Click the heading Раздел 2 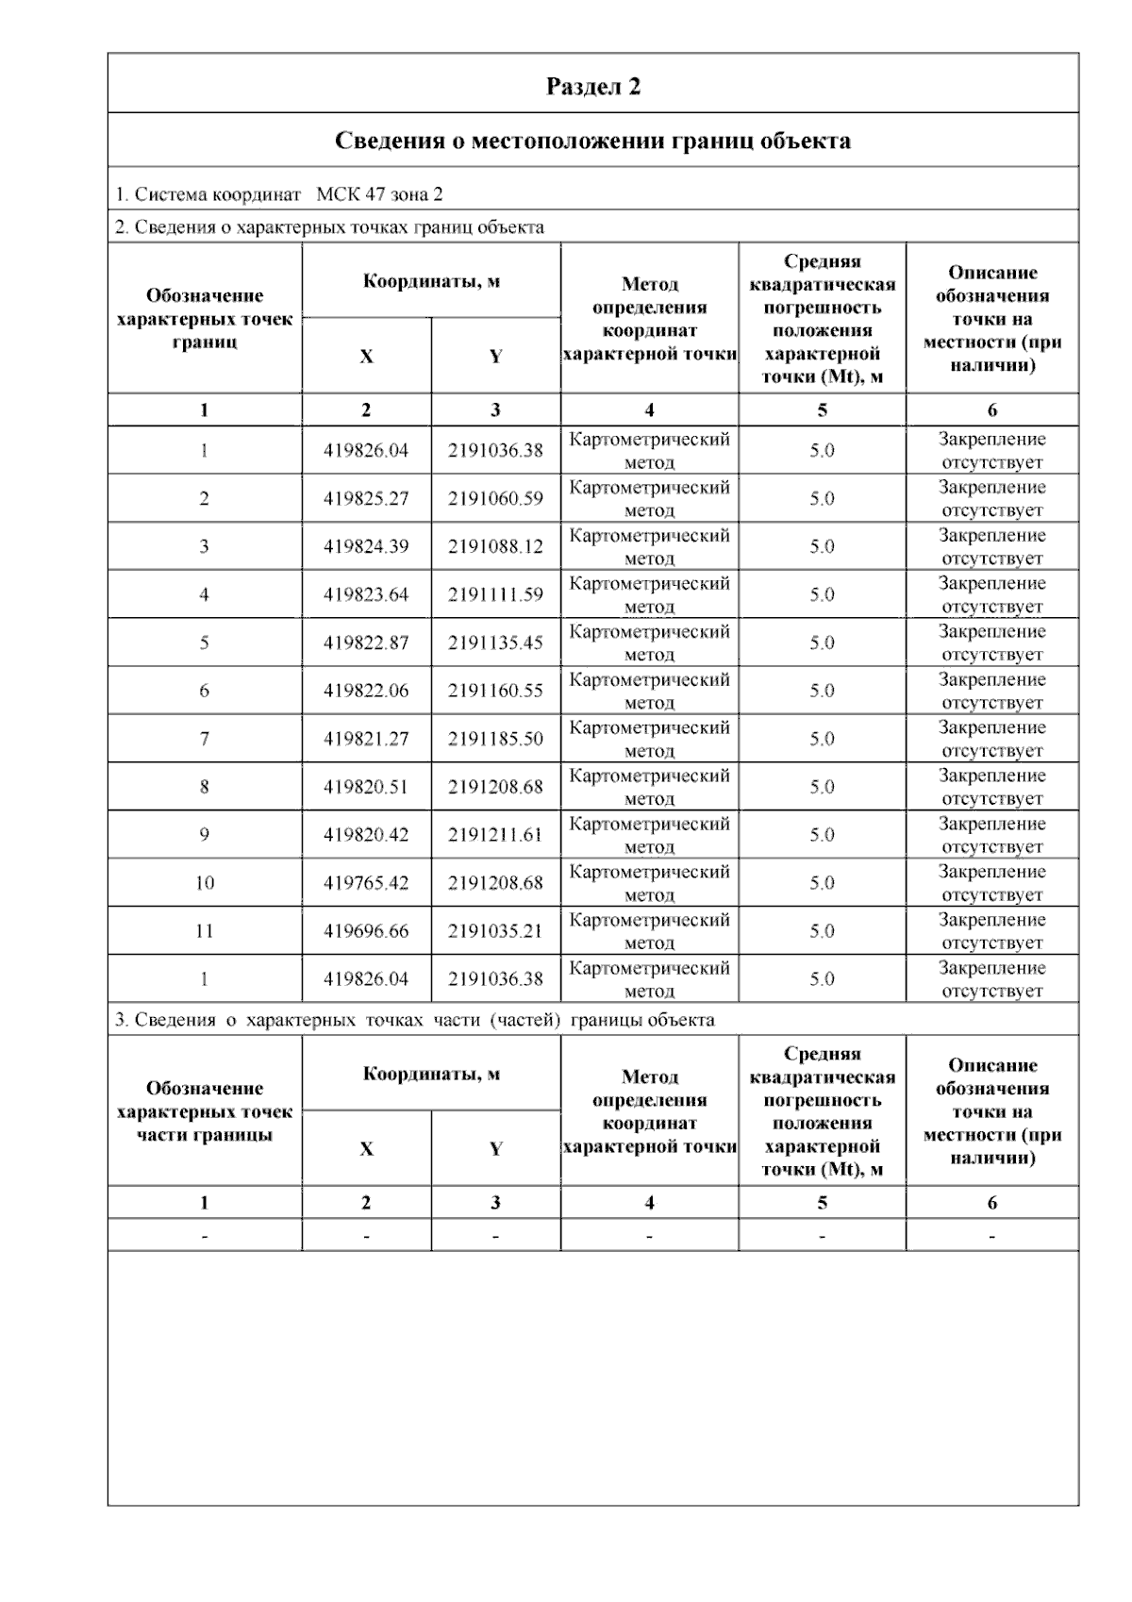pyautogui.click(x=593, y=87)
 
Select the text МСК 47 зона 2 pyautogui.click(x=379, y=195)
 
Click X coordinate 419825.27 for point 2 pyautogui.click(x=366, y=498)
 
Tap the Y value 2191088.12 pyautogui.click(x=495, y=546)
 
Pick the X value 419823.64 pyautogui.click(x=366, y=594)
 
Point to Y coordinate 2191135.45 pyautogui.click(x=495, y=642)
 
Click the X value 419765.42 pyautogui.click(x=366, y=883)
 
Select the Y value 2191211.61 pyautogui.click(x=495, y=835)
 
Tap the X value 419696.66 pyautogui.click(x=366, y=931)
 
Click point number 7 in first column pyautogui.click(x=204, y=739)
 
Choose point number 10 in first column pyautogui.click(x=204, y=883)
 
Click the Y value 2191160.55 pyautogui.click(x=495, y=691)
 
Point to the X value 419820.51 pyautogui.click(x=366, y=787)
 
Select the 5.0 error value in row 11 pyautogui.click(x=822, y=931)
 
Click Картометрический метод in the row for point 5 pyautogui.click(x=649, y=642)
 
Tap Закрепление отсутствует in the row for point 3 pyautogui.click(x=991, y=546)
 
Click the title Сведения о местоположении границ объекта pyautogui.click(x=593, y=142)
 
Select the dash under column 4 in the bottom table pyautogui.click(x=649, y=1236)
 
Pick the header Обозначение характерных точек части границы pyautogui.click(x=204, y=1111)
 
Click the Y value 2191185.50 pyautogui.click(x=495, y=739)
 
